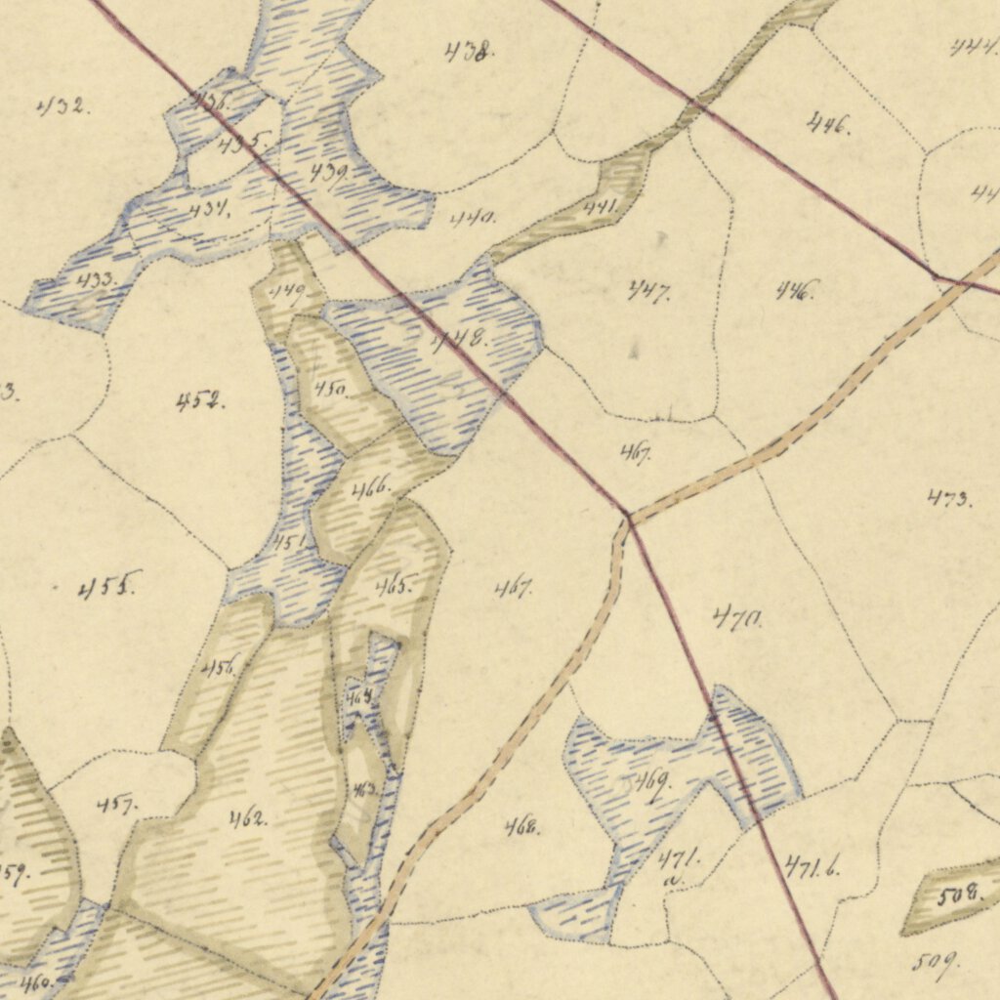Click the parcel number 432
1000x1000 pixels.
click(63, 106)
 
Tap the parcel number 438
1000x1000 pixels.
click(468, 52)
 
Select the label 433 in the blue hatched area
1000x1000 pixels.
click(96, 281)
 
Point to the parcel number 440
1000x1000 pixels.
click(473, 217)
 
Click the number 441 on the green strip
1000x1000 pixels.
click(601, 206)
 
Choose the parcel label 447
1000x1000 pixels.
click(648, 290)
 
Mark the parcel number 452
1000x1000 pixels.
click(200, 400)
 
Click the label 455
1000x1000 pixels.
click(110, 586)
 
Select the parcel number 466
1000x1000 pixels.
click(371, 487)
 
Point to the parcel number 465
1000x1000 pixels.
click(393, 587)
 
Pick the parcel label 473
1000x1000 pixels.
click(949, 499)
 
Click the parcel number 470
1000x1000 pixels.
click(737, 617)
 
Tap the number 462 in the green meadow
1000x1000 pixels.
click(248, 817)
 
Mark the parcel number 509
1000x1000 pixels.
click(935, 962)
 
